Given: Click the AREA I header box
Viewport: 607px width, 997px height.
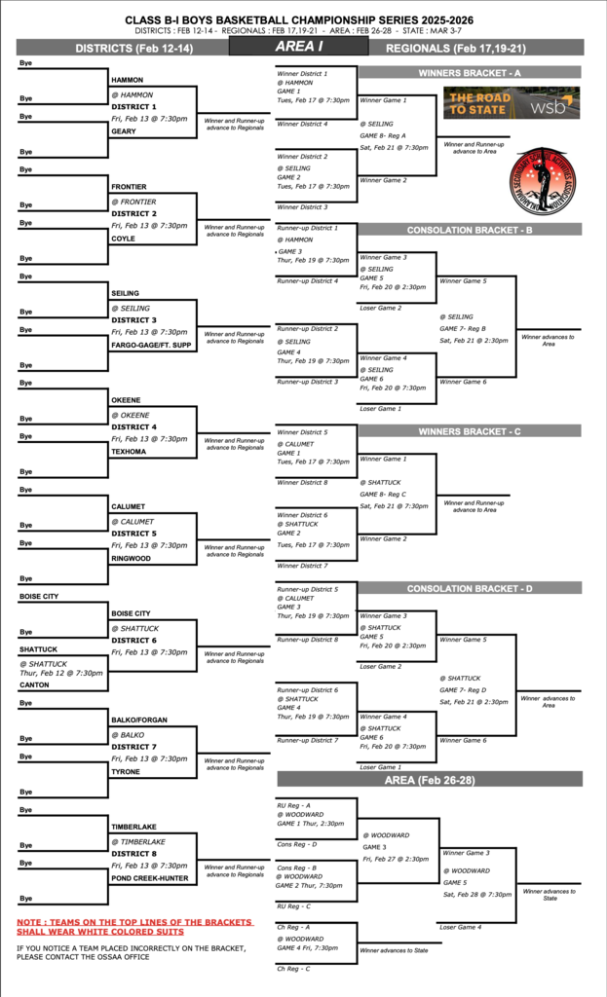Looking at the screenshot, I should pyautogui.click(x=299, y=47).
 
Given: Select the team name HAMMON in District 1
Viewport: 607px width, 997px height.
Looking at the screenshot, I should pyautogui.click(x=128, y=80).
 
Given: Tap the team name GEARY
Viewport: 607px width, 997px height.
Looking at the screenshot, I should pyautogui.click(x=124, y=130).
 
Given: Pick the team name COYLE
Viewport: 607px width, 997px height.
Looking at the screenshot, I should pyautogui.click(x=124, y=238).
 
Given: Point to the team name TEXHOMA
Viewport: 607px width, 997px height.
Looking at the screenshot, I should pyautogui.click(x=130, y=452).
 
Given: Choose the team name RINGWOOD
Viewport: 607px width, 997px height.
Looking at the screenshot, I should pyautogui.click(x=132, y=559).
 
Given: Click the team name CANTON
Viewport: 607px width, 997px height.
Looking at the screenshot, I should pyautogui.click(x=35, y=684).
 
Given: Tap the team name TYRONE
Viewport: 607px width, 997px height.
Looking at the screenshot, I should pyautogui.click(x=127, y=772).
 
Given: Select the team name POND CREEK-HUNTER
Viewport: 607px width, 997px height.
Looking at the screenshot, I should pyautogui.click(x=149, y=878).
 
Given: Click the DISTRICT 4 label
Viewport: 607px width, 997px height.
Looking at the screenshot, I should pyautogui.click(x=133, y=426).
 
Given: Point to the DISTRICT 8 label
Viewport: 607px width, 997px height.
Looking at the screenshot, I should pyautogui.click(x=133, y=854).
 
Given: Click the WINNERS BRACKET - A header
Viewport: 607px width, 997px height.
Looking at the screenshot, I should pyautogui.click(x=470, y=73).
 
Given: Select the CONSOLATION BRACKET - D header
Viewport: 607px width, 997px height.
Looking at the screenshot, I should pyautogui.click(x=470, y=588).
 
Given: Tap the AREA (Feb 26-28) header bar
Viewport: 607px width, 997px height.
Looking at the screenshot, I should pyautogui.click(x=430, y=780).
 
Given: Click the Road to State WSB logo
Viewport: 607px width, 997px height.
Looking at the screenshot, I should pyautogui.click(x=512, y=103).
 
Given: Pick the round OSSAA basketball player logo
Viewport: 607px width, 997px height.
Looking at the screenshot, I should pyautogui.click(x=545, y=181).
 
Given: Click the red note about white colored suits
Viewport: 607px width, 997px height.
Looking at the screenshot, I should pyautogui.click(x=134, y=927).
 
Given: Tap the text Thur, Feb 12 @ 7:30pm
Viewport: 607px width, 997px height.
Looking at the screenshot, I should pyautogui.click(x=60, y=673).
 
